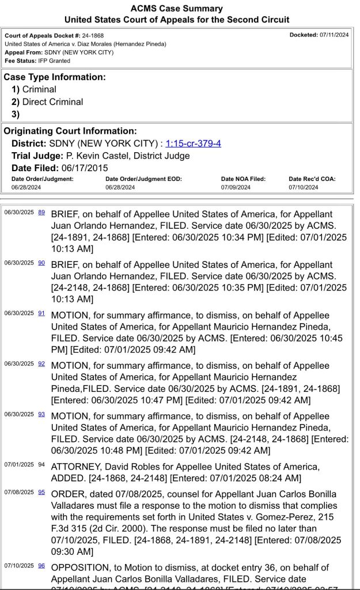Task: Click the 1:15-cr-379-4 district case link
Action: [193, 143]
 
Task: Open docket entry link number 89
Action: [41, 212]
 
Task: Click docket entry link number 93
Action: [41, 414]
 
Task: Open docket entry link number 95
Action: [41, 492]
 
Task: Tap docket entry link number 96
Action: [41, 566]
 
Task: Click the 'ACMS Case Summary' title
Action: [177, 9]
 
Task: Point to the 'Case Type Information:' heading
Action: [55, 77]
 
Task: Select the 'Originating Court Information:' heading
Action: [70, 131]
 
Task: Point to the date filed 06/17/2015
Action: [84, 168]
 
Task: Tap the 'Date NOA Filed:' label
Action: [243, 179]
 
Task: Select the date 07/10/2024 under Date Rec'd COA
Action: [303, 187]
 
